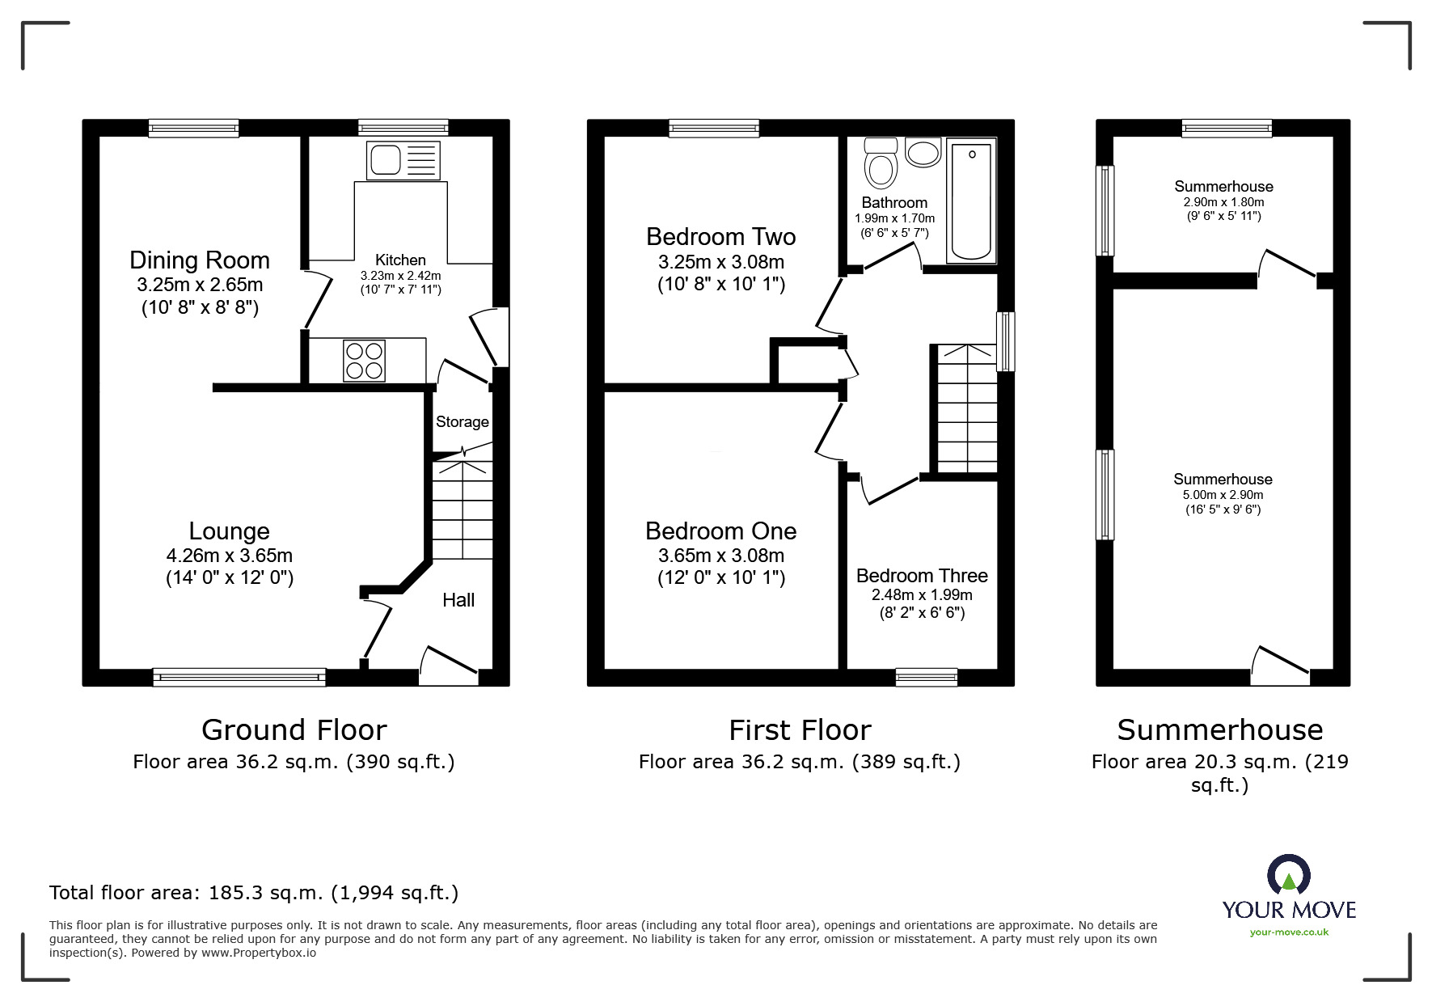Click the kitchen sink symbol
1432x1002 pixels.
tap(403, 160)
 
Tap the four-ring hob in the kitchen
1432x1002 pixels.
tap(364, 361)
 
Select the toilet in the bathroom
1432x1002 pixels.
tap(881, 165)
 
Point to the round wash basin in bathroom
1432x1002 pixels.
tap(923, 152)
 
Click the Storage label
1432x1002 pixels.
tap(462, 421)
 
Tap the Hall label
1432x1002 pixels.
tap(458, 600)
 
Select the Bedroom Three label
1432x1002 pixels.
tap(922, 576)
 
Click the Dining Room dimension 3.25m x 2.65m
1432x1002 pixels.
tap(200, 285)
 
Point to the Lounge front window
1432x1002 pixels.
tap(239, 678)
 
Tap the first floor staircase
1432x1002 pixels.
tap(966, 408)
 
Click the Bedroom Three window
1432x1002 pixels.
tap(926, 678)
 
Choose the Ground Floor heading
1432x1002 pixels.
tap(294, 729)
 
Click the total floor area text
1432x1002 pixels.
tap(254, 893)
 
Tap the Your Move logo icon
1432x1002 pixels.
tap(1288, 876)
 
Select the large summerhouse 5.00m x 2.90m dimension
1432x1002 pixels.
tap(1223, 495)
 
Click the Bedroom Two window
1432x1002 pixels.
tap(714, 128)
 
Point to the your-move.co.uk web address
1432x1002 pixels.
tap(1289, 932)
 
